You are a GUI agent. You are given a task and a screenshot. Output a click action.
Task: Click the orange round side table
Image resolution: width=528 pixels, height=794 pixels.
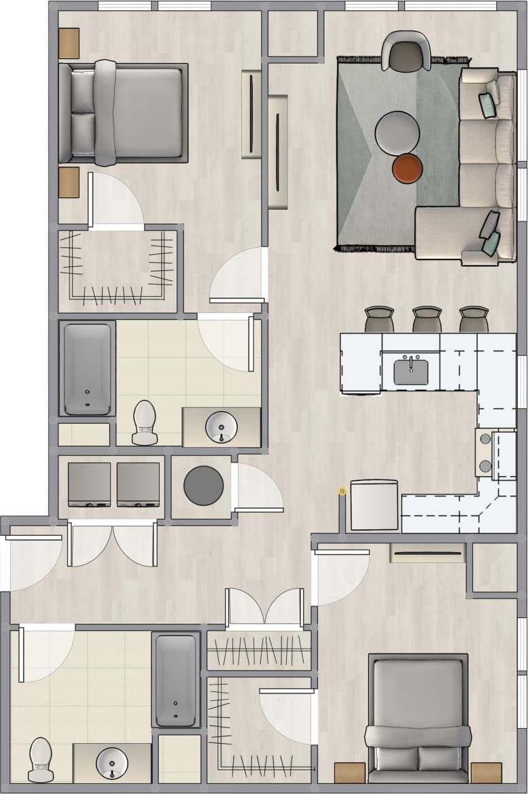408,169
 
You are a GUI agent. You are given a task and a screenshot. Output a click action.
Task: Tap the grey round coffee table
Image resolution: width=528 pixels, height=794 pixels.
397,132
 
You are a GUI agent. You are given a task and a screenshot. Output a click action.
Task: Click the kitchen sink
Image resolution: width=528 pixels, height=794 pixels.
411,371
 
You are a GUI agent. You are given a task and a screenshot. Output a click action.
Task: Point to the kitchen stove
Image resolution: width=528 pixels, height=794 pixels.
485,452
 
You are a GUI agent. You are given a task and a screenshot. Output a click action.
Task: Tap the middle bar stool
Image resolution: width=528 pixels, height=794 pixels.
427,319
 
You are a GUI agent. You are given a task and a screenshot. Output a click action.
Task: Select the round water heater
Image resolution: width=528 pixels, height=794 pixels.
203,486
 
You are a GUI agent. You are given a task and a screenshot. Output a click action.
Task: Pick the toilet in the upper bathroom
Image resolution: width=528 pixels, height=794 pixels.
145,422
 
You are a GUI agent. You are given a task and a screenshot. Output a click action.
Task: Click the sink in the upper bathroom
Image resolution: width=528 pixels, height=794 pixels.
221,426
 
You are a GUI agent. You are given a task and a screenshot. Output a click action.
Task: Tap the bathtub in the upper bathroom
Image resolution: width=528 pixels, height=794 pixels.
87,368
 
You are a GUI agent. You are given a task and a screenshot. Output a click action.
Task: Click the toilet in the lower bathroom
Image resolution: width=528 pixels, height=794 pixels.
41,759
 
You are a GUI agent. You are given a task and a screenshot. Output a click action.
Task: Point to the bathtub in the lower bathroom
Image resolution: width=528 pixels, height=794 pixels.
175,680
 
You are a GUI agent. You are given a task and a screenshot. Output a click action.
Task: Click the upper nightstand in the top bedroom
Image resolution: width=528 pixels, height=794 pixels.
69,43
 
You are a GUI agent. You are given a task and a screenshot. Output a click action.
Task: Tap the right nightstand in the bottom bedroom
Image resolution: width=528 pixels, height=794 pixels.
486,772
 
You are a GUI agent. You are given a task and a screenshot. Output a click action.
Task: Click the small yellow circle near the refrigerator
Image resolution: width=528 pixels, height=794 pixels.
342,490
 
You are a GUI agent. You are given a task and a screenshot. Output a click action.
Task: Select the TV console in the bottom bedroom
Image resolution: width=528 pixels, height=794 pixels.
427,553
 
